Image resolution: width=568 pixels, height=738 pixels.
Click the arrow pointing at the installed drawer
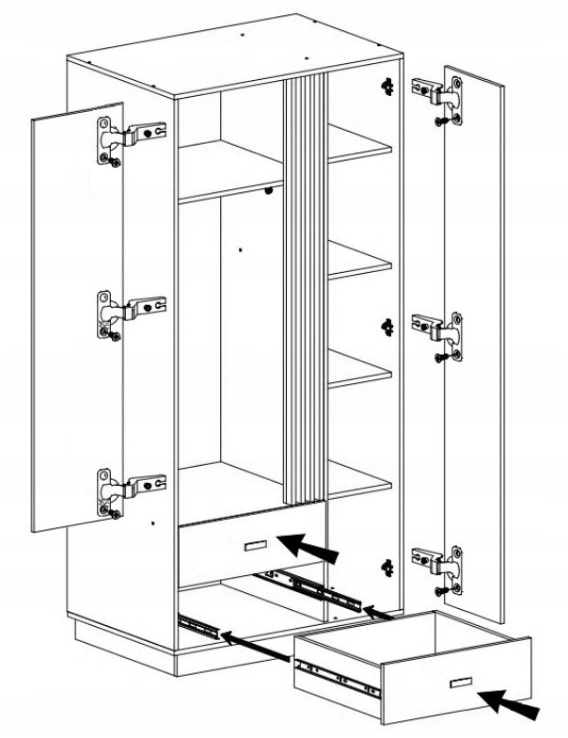coord(307,545)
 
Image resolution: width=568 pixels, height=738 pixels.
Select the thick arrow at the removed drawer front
coord(513,703)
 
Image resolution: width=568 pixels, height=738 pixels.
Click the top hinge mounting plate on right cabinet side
coord(386,86)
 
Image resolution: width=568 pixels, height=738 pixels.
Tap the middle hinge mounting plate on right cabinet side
coord(386,325)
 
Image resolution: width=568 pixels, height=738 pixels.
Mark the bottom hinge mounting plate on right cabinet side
coord(386,565)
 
